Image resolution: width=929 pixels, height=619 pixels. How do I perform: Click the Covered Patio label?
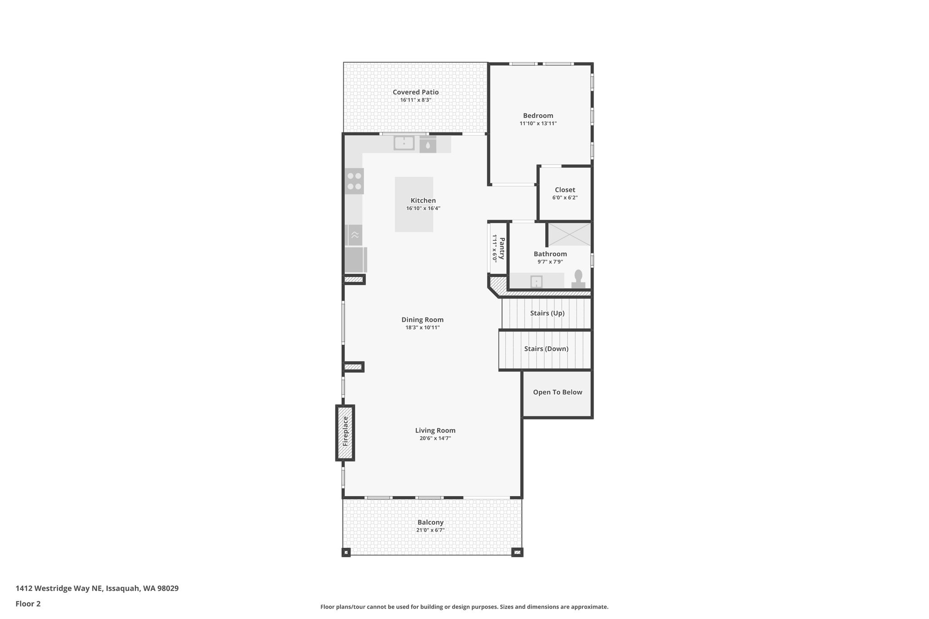(416, 92)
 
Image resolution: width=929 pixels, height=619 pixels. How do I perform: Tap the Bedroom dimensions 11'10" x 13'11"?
(538, 123)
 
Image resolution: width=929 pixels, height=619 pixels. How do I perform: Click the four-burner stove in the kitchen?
(354, 180)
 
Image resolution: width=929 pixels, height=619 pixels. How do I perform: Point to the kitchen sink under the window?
(404, 143)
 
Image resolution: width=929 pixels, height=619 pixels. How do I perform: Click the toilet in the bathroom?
(578, 278)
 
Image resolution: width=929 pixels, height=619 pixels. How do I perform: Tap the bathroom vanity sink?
(536, 282)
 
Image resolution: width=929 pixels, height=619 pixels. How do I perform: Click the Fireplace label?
(345, 431)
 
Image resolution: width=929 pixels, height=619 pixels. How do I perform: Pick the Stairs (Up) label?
(547, 313)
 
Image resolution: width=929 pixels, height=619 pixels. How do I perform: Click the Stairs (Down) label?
(546, 349)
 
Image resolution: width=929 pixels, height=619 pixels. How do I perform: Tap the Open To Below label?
(557, 392)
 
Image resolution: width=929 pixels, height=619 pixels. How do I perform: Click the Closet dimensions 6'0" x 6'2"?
(565, 198)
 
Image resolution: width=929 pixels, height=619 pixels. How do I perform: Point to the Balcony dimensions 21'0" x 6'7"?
(430, 530)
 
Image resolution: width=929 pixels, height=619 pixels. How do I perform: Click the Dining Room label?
(422, 320)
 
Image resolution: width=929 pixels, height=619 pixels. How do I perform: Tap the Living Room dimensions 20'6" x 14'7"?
(435, 438)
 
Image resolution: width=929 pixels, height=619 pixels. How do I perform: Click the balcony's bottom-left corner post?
(346, 552)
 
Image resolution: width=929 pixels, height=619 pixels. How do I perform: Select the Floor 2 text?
(28, 604)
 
